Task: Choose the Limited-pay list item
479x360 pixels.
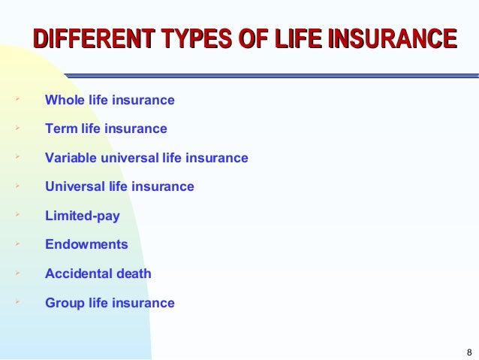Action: (x=82, y=216)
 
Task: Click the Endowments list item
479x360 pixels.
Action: (x=86, y=245)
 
